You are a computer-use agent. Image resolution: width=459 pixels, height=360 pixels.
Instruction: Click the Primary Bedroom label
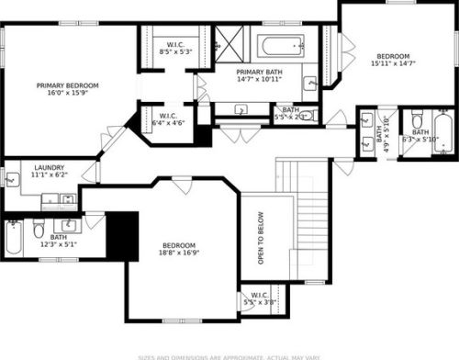[x=67, y=90]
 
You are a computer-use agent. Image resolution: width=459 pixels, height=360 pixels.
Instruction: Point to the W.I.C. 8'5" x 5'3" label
[x=174, y=49]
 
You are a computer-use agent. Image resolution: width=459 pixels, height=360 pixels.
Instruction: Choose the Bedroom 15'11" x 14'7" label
[x=393, y=60]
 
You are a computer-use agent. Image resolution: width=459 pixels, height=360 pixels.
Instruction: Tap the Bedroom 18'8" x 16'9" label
[x=179, y=249]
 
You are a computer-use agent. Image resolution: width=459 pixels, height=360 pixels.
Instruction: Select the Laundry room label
[x=49, y=171]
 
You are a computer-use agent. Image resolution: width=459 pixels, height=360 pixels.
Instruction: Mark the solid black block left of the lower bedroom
[x=122, y=234]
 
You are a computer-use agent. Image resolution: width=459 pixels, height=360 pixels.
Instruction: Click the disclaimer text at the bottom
[x=229, y=355]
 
